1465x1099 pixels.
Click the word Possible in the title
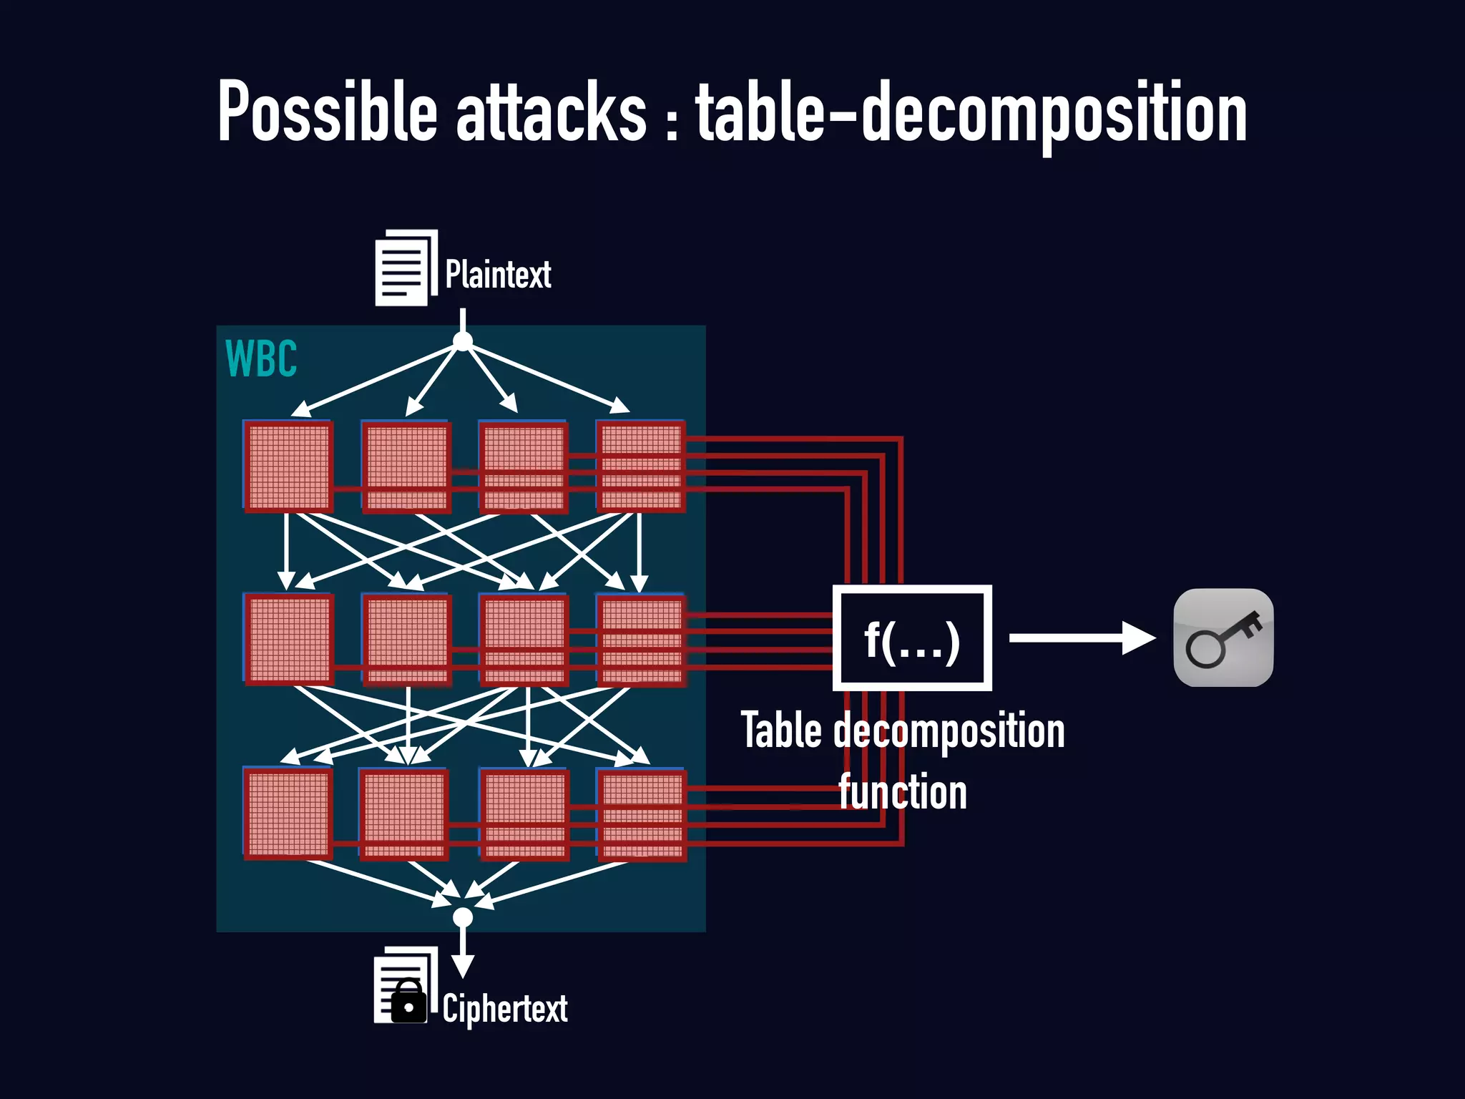327,112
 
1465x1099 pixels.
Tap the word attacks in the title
552,112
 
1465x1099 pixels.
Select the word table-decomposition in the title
971,112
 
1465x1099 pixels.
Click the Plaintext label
498,275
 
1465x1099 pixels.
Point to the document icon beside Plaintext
405,268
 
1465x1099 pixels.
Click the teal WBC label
261,358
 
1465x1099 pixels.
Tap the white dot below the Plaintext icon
463,341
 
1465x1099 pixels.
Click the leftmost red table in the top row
288,467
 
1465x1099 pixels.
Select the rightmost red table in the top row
641,467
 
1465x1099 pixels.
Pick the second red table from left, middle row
406,640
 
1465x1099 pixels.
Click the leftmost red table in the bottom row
288,814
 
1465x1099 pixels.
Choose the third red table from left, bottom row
524,814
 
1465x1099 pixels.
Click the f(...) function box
912,638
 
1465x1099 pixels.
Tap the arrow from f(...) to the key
1080,638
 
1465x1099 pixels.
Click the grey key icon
1223,638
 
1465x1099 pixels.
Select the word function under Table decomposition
903,792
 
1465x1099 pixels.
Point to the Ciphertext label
505,1009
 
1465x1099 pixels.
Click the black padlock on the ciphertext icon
408,1002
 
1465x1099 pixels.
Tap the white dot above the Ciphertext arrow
463,917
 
